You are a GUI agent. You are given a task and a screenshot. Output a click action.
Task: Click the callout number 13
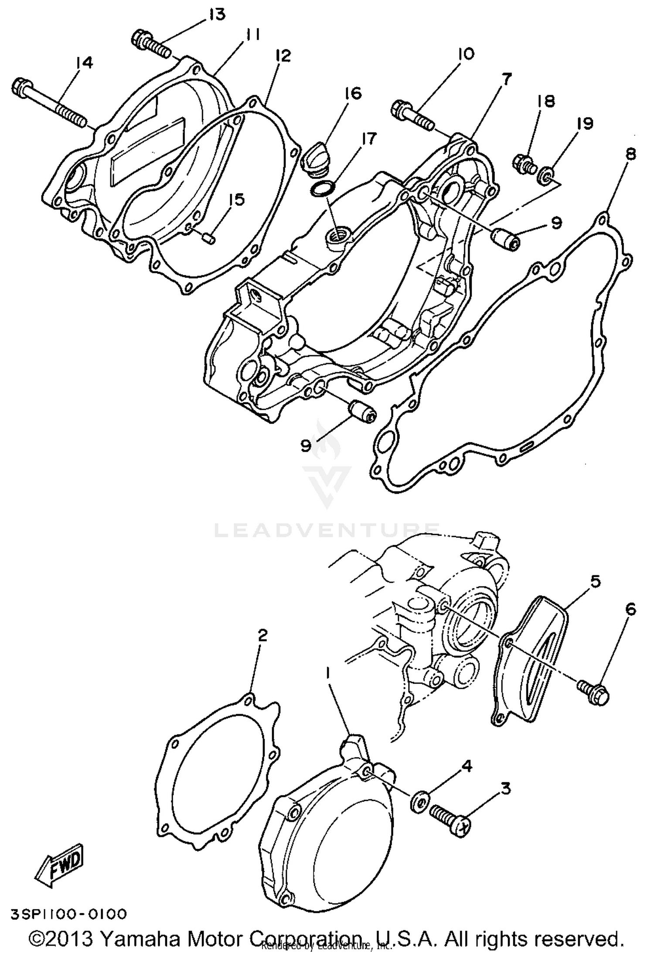217,14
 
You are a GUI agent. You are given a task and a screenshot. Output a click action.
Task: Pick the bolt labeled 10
412,116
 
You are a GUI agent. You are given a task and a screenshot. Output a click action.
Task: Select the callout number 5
595,582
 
